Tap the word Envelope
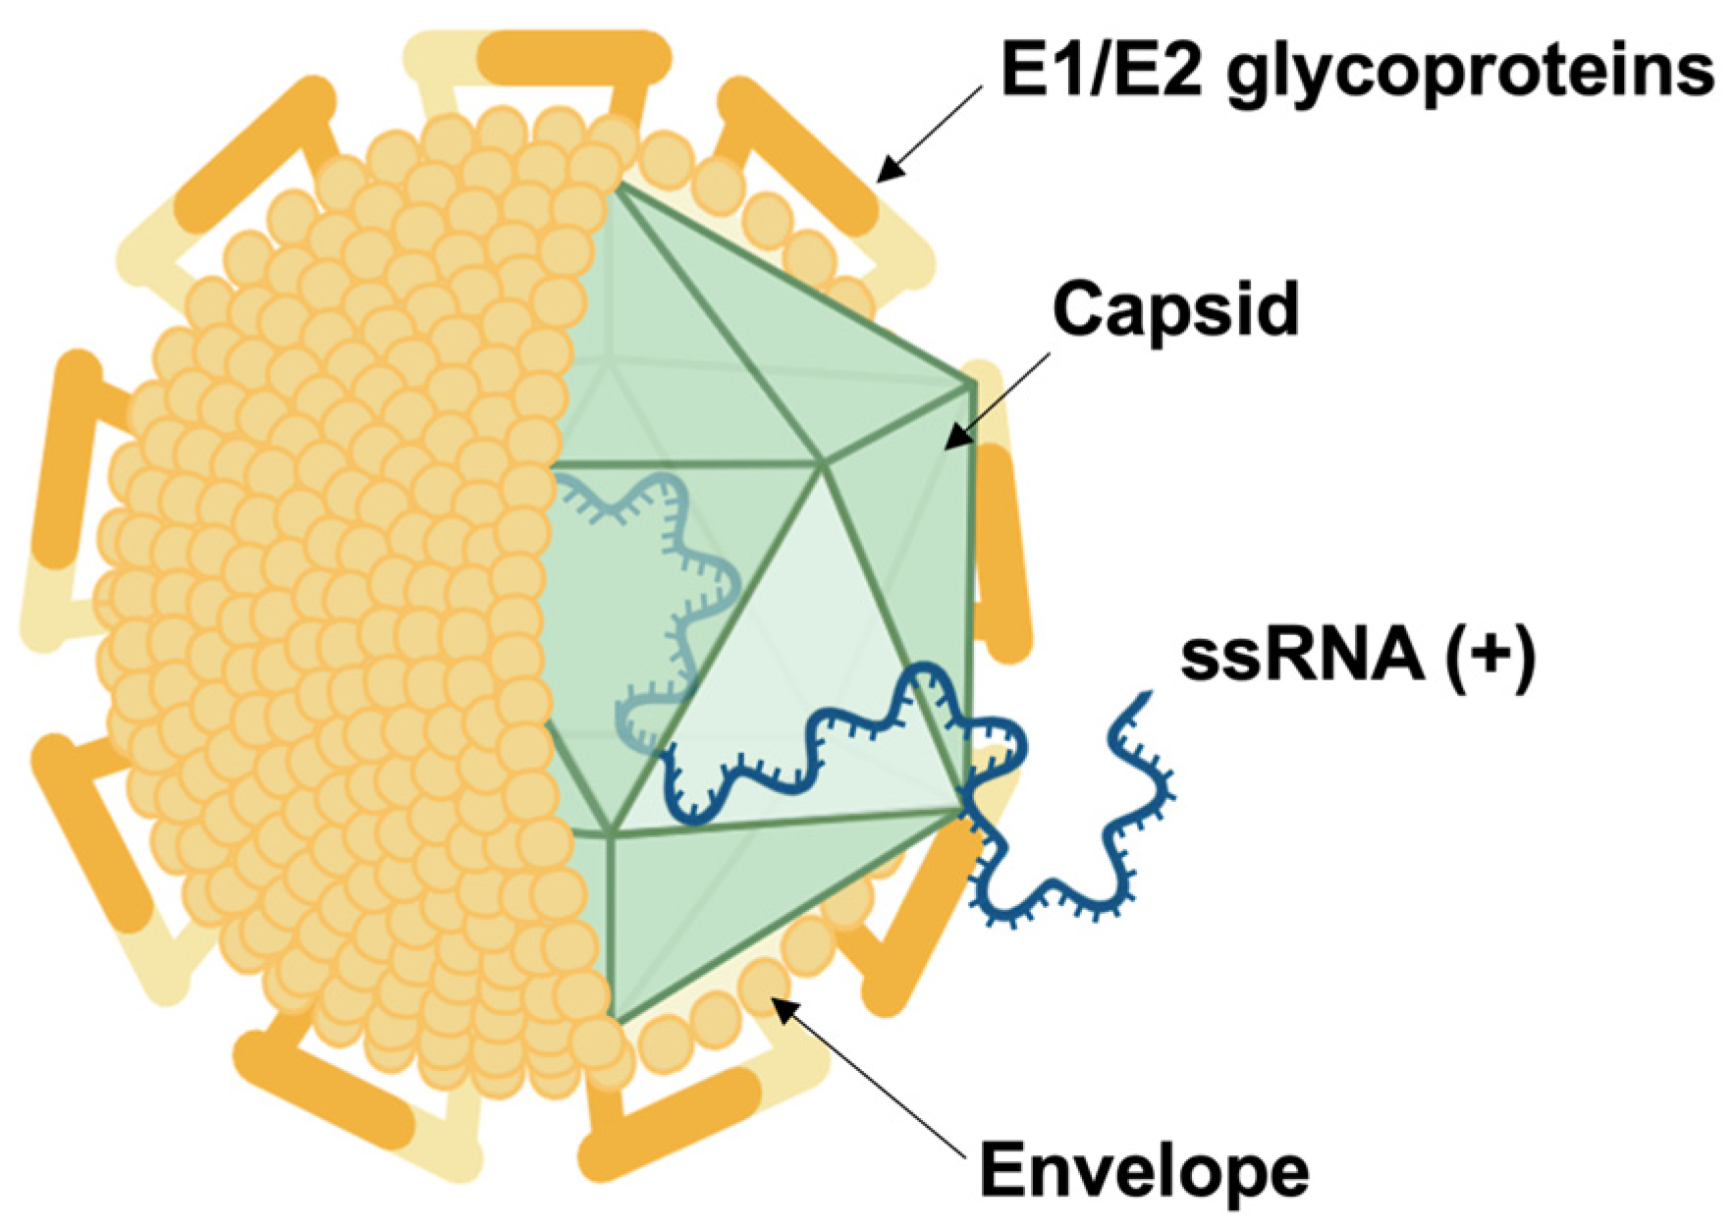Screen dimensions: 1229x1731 click(x=1144, y=1170)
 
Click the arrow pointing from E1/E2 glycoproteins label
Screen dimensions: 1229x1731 click(x=928, y=133)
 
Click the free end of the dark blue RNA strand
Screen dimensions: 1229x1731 click(x=1143, y=698)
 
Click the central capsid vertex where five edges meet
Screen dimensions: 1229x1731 click(x=823, y=463)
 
